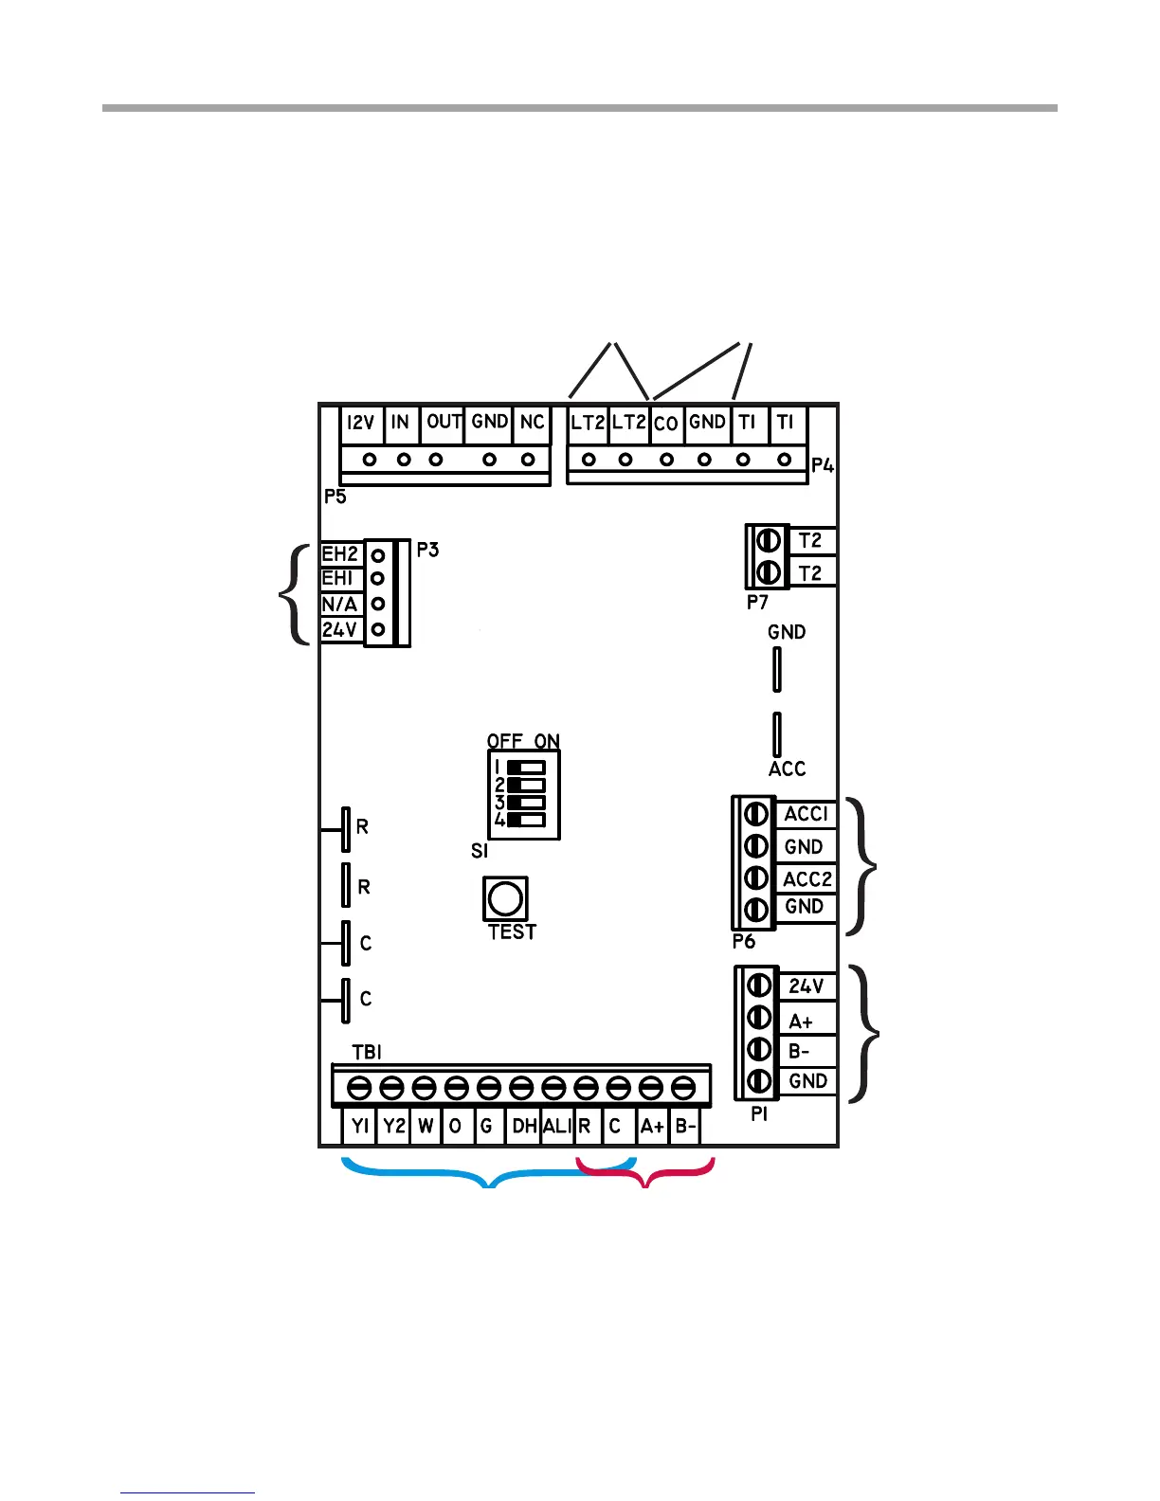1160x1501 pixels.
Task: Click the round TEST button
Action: click(505, 897)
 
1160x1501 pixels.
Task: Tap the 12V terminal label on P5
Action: click(360, 423)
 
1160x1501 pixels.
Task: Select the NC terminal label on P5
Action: click(532, 422)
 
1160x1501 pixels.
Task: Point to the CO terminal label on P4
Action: click(666, 424)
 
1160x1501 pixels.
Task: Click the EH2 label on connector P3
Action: click(339, 554)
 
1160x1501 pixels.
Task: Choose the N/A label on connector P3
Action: click(339, 605)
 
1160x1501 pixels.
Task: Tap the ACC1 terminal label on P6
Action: click(807, 814)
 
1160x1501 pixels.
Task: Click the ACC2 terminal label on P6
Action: click(807, 879)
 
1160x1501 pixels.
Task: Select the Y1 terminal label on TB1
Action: click(360, 1126)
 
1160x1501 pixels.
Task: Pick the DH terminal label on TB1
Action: click(524, 1126)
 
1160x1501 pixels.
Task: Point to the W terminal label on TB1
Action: click(426, 1126)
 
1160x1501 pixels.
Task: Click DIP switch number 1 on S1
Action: click(526, 766)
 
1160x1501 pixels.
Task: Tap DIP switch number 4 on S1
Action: click(526, 820)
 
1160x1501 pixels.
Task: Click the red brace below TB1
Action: click(646, 1176)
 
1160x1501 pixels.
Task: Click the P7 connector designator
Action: click(756, 602)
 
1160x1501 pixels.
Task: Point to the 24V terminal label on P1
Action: click(807, 986)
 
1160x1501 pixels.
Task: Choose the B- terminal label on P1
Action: click(800, 1051)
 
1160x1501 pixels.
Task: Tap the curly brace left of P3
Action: click(295, 595)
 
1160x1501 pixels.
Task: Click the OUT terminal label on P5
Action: click(444, 422)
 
